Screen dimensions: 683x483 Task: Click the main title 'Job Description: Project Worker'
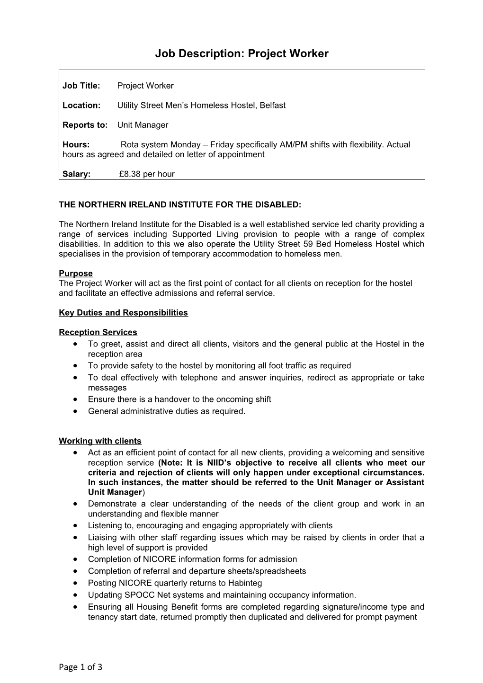[241, 53]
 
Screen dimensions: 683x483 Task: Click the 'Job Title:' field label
[81, 86]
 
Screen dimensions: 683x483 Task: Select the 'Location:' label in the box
[81, 105]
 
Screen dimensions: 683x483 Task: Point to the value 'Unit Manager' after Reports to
[143, 125]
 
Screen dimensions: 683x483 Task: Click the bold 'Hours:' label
[76, 144]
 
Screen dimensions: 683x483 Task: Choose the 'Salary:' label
[76, 174]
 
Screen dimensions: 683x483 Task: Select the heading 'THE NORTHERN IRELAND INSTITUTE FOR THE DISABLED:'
[179, 204]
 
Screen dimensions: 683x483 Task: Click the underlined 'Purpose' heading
[76, 273]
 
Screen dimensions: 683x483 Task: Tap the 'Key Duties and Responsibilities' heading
[123, 312]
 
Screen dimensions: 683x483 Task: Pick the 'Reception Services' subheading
[98, 332]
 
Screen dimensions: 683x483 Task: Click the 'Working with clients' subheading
[100, 441]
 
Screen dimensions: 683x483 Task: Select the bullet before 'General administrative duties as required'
[76, 411]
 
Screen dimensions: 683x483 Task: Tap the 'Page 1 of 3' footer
[80, 667]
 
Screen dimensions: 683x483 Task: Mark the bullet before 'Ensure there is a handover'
[76, 399]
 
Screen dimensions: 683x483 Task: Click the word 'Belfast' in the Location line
[271, 105]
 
